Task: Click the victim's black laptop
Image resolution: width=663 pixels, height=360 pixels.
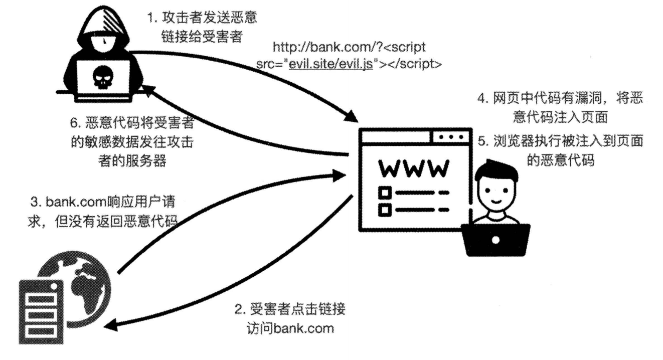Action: [496, 239]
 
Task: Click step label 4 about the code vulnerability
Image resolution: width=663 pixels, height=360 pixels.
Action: [559, 107]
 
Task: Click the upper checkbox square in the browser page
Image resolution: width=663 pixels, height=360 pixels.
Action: [385, 192]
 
